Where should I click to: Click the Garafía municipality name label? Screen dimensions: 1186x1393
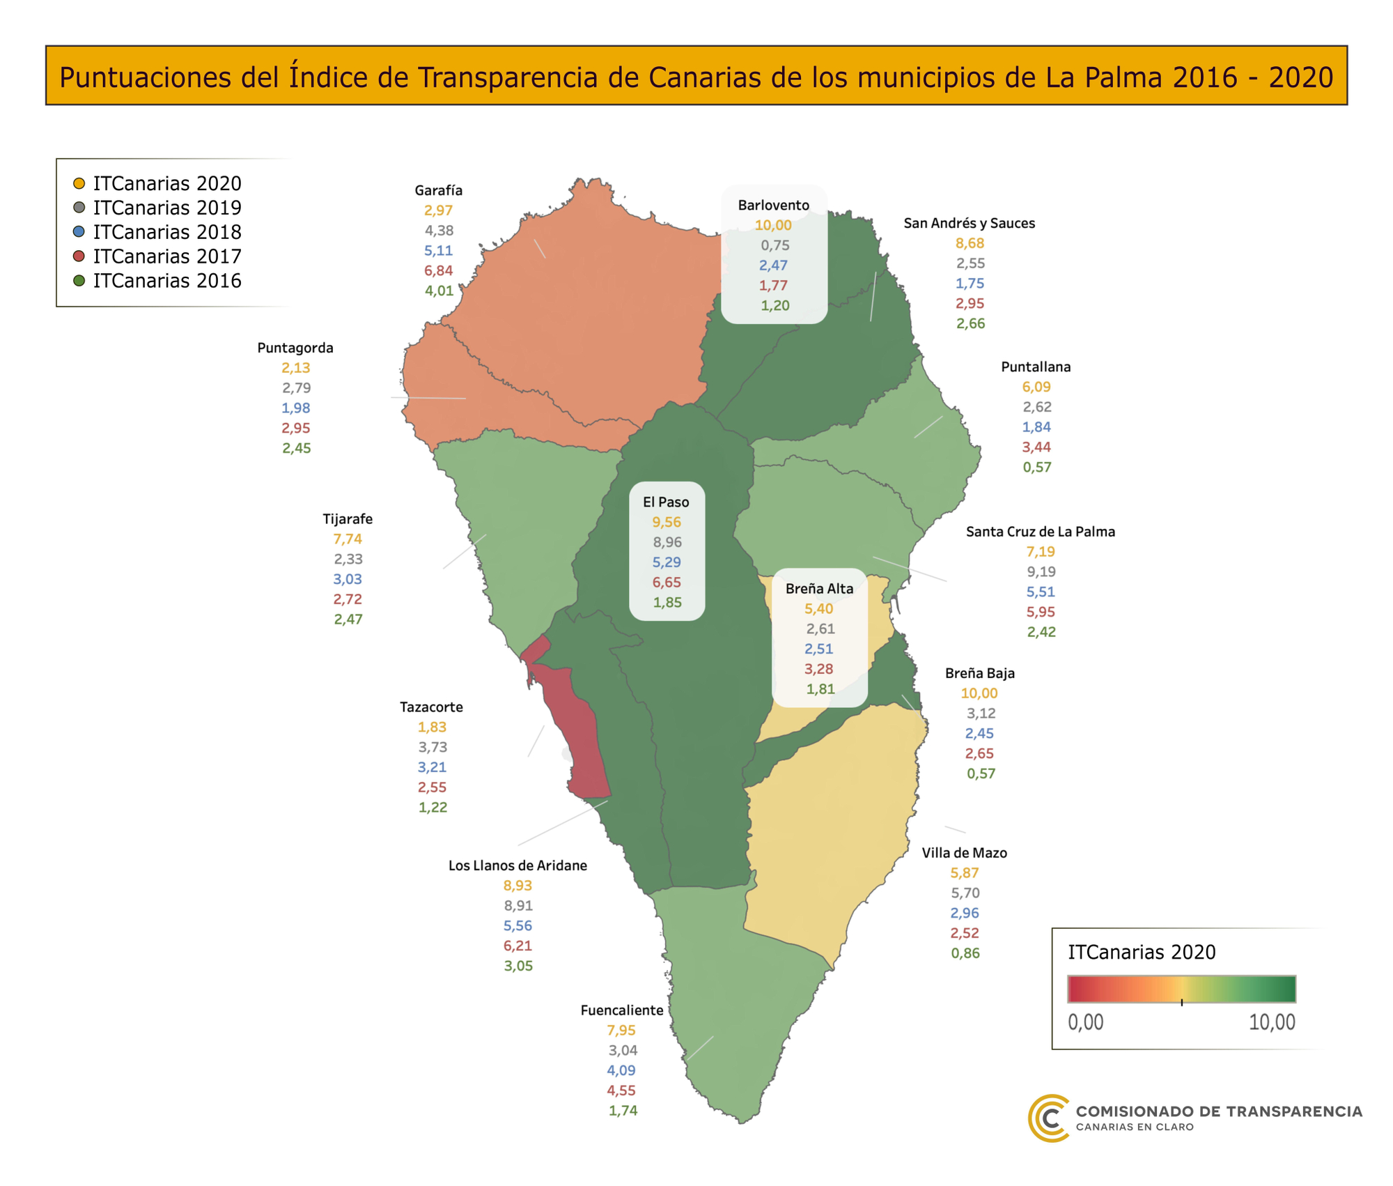438,190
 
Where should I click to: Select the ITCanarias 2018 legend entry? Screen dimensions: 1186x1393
167,232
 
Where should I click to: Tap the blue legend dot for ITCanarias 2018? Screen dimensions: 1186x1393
79,232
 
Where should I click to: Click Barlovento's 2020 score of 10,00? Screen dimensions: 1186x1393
773,225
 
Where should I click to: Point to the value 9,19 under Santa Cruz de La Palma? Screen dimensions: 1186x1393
1041,571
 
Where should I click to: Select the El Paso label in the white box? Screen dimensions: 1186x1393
666,502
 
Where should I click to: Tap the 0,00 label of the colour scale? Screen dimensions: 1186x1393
1085,1022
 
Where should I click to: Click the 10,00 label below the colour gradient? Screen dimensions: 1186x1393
1271,1022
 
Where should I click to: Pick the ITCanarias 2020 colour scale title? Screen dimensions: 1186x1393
1142,952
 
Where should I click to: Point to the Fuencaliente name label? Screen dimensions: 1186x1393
621,1010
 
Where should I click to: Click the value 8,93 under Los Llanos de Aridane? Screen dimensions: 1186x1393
517,885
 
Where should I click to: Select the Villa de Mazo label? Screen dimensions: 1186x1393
964,852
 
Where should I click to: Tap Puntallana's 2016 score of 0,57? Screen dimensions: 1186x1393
1036,467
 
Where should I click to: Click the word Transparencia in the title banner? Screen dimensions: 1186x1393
507,77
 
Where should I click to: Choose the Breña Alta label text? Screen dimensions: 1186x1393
819,588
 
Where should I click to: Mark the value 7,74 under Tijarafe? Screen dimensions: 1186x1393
348,539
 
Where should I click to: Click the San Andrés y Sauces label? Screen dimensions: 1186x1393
969,223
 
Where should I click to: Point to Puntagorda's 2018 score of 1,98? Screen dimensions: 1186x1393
296,408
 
